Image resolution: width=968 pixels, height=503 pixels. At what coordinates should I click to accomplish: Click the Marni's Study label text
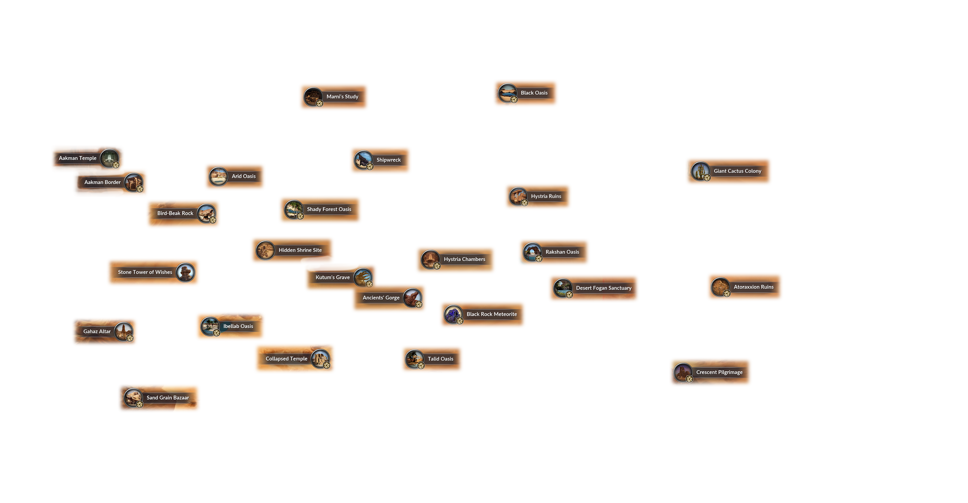[x=343, y=97]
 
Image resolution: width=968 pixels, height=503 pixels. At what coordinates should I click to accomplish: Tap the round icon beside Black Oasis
[x=507, y=92]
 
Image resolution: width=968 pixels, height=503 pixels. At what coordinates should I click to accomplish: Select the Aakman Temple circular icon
[x=109, y=158]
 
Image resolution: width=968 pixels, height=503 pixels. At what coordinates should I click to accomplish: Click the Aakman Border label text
[x=102, y=182]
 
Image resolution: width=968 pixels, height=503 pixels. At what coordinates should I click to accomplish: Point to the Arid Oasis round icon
[x=218, y=176]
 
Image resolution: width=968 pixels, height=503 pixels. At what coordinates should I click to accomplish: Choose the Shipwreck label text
[x=389, y=160]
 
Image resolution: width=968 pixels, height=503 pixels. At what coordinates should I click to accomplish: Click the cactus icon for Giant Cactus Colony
[x=701, y=171]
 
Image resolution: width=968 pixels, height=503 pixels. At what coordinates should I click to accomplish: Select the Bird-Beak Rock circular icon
[x=206, y=213]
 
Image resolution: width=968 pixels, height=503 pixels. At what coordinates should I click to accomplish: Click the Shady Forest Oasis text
[x=329, y=209]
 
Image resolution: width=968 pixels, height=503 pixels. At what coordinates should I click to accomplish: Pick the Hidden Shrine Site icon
[x=265, y=250]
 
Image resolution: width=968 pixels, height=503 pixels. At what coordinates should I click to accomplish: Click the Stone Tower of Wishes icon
[x=185, y=272]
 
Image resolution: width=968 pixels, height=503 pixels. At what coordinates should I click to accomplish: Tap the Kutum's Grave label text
[x=333, y=277]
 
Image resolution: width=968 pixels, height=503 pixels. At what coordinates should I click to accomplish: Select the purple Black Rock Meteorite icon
[x=453, y=314]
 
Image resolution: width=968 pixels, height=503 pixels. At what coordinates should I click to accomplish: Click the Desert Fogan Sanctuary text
[x=604, y=288]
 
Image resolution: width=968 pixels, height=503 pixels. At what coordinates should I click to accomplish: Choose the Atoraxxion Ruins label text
[x=753, y=287]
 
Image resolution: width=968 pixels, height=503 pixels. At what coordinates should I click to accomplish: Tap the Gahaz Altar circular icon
[x=124, y=331]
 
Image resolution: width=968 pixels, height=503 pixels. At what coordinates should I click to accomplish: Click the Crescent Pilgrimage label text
[x=719, y=372]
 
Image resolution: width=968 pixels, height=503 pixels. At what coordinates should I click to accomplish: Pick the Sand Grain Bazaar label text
[x=168, y=398]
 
